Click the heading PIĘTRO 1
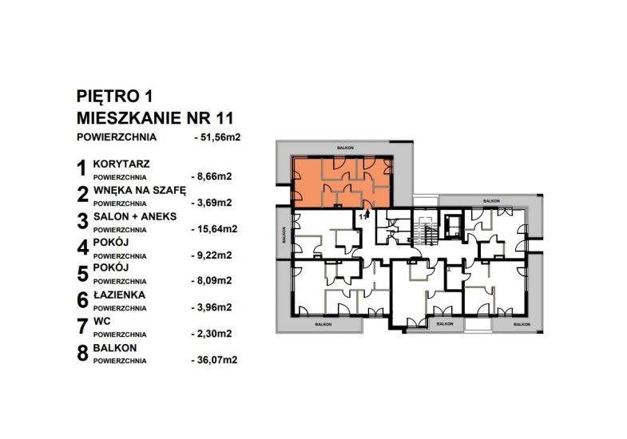click(114, 97)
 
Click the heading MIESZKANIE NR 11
click(155, 118)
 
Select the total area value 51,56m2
click(217, 137)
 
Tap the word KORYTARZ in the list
click(121, 164)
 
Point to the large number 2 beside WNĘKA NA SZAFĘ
click(82, 195)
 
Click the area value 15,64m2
click(214, 229)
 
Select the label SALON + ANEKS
click(135, 216)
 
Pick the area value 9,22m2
click(212, 255)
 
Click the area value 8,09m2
click(212, 281)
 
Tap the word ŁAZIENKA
click(119, 295)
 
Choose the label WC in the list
click(101, 322)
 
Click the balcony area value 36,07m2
click(214, 360)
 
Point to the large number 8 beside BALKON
click(82, 354)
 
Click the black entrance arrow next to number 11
click(368, 215)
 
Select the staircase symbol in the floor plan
click(426, 230)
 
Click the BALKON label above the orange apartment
click(345, 148)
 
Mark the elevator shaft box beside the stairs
click(452, 225)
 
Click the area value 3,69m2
click(212, 203)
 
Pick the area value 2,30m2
click(212, 334)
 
